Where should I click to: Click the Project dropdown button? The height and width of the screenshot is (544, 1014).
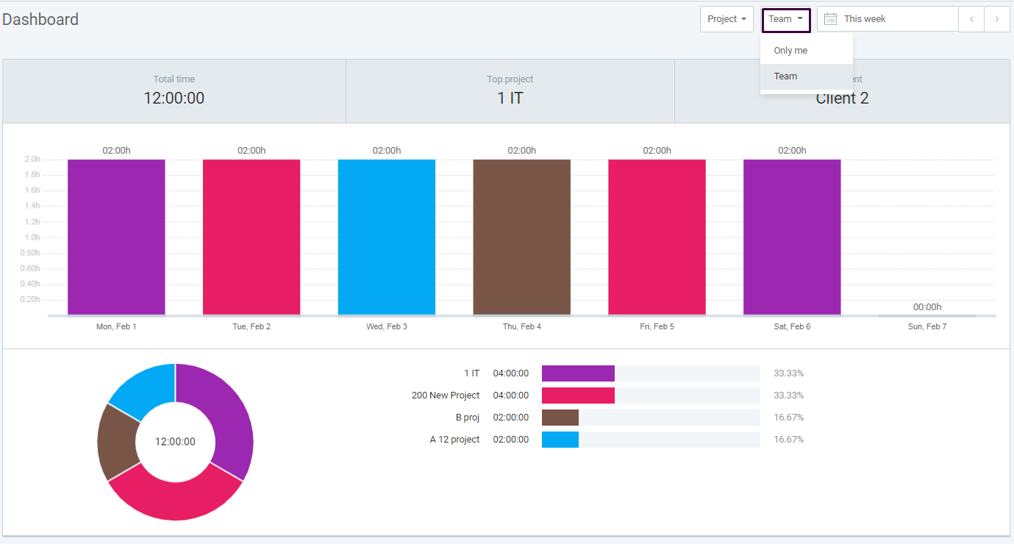726,19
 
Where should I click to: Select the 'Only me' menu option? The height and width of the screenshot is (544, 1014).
790,51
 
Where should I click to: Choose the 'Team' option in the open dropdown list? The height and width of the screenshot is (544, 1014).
785,76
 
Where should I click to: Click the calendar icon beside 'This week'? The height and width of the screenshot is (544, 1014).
830,19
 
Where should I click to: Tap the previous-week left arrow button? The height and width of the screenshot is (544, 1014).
971,19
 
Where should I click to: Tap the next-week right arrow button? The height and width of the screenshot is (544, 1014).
996,19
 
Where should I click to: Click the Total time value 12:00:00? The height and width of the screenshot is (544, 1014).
174,98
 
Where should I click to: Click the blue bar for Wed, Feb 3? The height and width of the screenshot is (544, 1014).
387,237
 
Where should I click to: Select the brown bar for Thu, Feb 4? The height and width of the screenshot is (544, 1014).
521,237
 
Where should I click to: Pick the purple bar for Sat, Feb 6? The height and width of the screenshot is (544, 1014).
792,237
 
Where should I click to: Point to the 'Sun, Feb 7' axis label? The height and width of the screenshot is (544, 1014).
926,326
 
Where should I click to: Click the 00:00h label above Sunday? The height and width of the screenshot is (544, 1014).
926,307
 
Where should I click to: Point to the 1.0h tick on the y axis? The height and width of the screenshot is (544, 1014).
32,237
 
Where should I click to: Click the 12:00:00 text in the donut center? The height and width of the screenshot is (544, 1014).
175,442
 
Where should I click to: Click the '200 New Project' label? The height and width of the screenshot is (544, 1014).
445,396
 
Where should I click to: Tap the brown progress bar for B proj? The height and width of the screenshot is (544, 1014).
560,418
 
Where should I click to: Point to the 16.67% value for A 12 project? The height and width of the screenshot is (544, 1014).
788,440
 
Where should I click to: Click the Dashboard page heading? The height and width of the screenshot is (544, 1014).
40,20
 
